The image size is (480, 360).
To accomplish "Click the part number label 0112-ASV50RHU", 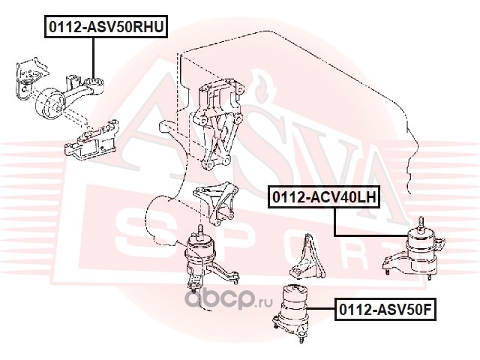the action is pos(106,27).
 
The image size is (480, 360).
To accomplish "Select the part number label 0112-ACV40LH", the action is pos(324,196).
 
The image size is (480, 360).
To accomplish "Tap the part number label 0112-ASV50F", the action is pos(385,309).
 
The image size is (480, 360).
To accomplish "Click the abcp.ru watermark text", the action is pos(228,299).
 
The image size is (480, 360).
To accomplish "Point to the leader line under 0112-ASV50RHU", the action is pos(93,58).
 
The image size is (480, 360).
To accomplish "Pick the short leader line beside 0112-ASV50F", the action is pos(321,309).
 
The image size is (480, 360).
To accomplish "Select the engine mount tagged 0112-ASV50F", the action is pos(291,312).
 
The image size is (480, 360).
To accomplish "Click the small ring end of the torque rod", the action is pos(95,84).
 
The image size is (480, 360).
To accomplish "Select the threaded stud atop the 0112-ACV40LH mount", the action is pos(421,223).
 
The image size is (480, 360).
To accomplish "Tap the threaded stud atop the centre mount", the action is pos(201,231).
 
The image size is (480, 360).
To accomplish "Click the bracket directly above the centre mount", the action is pos(216,202).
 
